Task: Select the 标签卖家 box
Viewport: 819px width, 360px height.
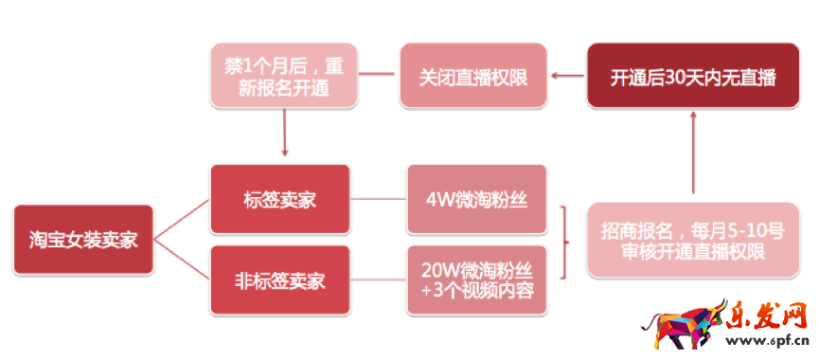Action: tap(279, 200)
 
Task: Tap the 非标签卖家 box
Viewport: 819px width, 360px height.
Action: tap(279, 280)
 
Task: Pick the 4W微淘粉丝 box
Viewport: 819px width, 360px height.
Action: tap(477, 200)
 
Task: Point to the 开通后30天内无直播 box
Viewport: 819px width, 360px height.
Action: tap(694, 76)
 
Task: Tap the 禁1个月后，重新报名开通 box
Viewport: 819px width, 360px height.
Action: tap(283, 76)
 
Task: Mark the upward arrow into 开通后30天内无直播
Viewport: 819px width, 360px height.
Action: tap(694, 152)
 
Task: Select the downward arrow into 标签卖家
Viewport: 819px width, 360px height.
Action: tap(283, 133)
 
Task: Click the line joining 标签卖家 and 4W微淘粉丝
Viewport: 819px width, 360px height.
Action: tap(378, 200)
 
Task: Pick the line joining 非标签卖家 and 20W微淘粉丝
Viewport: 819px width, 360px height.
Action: tap(378, 280)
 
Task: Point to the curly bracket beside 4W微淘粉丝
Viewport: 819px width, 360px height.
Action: tap(564, 240)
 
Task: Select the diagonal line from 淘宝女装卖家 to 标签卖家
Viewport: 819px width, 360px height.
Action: tap(182, 220)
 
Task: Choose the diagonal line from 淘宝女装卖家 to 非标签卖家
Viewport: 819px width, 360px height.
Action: tap(182, 261)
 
